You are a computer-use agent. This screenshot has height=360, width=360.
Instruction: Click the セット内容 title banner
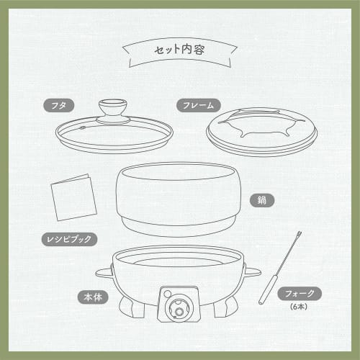click(180, 51)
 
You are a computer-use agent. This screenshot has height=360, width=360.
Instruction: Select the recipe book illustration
click(73, 196)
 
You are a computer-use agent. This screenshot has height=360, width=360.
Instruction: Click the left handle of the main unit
click(104, 274)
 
